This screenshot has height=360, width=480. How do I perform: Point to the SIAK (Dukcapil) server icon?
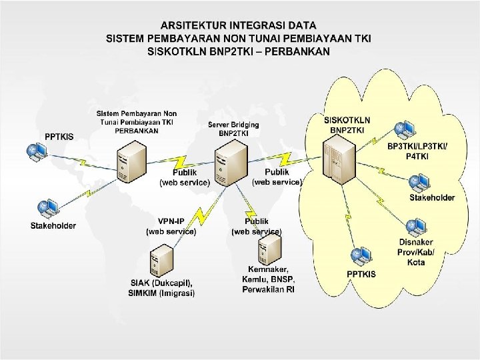(161, 260)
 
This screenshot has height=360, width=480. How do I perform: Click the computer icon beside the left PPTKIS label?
(35, 152)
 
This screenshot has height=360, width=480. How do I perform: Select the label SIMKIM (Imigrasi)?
(163, 293)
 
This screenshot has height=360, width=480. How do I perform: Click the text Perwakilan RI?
(268, 289)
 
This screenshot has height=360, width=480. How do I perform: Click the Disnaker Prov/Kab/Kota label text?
(416, 252)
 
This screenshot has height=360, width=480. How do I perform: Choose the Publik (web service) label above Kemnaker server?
(257, 226)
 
